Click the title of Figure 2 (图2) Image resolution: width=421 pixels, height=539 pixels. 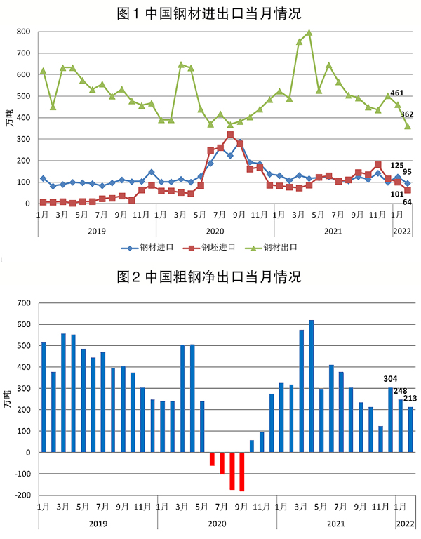coord(209,277)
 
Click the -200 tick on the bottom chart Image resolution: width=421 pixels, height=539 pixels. coord(21,495)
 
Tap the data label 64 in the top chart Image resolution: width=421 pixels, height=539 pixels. coord(406,202)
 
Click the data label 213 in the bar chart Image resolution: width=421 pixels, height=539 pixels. coord(410,399)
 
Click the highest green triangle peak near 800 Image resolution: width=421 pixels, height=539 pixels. coord(309,33)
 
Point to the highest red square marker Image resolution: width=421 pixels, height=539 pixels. coord(230,135)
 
